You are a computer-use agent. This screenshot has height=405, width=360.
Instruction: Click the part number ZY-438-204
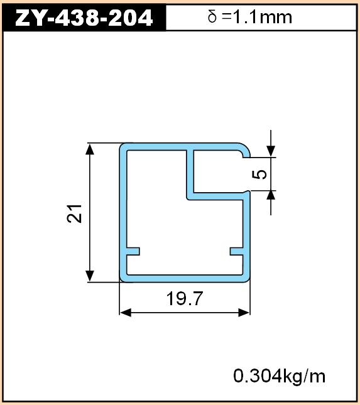coord(84,18)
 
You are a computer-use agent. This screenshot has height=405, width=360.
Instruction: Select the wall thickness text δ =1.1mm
coord(249,17)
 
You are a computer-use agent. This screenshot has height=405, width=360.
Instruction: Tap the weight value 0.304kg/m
coord(279,376)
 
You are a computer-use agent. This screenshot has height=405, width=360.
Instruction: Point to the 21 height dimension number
coord(74,213)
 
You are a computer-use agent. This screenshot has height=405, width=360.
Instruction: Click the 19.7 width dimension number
coord(185,298)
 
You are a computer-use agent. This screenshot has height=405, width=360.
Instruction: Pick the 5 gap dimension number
coord(259,174)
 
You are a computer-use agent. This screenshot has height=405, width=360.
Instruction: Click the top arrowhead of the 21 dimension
coord(90,149)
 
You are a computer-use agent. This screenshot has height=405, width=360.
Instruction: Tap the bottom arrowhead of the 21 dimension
coord(90,276)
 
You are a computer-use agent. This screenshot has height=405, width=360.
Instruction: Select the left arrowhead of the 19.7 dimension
coord(126,313)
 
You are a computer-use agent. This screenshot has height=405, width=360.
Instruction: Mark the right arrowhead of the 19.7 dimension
coord(244,313)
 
